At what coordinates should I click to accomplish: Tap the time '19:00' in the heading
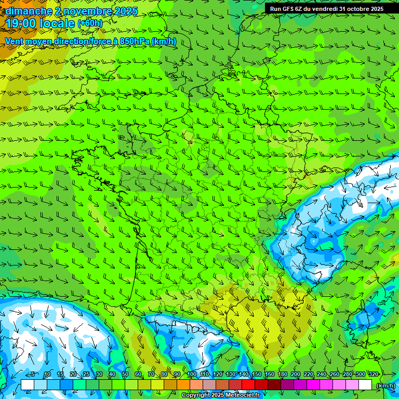[20, 23]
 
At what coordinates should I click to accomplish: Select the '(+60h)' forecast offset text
[89, 23]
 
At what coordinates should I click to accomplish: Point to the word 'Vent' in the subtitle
[15, 41]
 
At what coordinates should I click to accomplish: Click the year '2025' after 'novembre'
[125, 11]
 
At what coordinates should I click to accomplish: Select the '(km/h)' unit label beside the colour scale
[385, 385]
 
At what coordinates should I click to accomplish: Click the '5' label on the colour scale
[33, 374]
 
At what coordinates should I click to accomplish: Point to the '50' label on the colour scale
[125, 374]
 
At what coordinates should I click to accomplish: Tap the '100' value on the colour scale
[191, 374]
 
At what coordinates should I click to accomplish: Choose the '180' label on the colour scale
[283, 374]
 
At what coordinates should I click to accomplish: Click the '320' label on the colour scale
[373, 374]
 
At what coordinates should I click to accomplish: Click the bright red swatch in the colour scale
[248, 384]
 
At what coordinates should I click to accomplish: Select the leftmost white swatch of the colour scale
[28, 384]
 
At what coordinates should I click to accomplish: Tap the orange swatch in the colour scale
[183, 384]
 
